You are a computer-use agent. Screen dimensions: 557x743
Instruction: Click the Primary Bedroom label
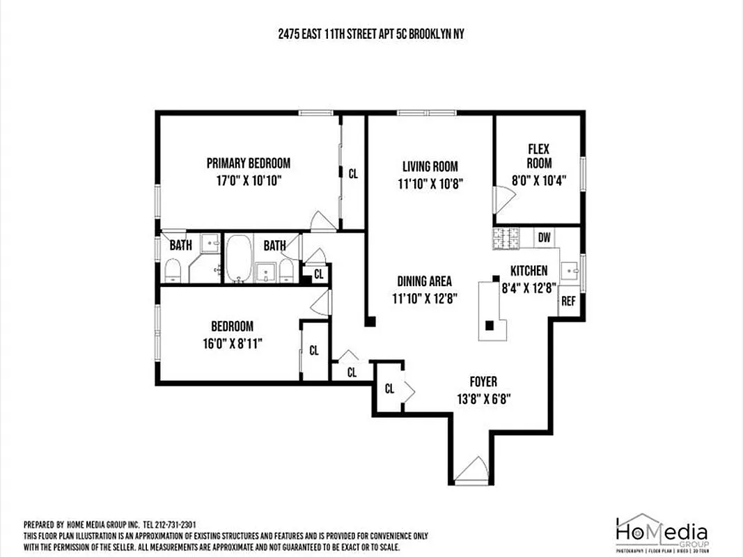tap(248, 164)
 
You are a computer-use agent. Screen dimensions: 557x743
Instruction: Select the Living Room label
tap(430, 166)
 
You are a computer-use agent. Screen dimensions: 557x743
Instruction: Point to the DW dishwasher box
tap(544, 237)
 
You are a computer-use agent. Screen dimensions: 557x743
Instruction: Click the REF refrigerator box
tap(568, 301)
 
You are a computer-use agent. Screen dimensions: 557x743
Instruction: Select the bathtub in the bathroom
tap(239, 258)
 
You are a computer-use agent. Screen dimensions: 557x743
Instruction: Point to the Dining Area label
tap(424, 281)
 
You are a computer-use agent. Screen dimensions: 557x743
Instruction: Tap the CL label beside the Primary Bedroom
tap(353, 174)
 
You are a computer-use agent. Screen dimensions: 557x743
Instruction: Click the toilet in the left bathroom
tap(173, 269)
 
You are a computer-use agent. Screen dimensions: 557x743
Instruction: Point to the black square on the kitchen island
tap(490, 324)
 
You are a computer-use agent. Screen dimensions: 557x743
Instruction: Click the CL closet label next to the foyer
tap(389, 389)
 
